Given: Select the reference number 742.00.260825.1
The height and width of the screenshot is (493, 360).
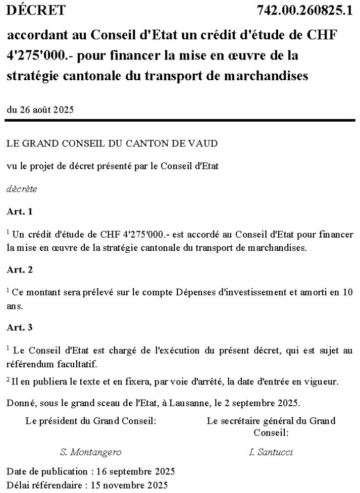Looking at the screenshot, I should click(x=304, y=10).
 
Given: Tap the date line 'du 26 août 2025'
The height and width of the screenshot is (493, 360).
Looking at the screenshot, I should click(x=40, y=109).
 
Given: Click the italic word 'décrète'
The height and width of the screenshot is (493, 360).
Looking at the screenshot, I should click(x=21, y=189).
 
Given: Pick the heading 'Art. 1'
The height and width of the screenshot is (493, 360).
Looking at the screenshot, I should click(x=20, y=212).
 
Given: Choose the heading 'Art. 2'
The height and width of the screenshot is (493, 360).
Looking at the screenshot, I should click(x=20, y=269).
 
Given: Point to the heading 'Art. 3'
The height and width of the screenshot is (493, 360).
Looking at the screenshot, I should click(x=20, y=327).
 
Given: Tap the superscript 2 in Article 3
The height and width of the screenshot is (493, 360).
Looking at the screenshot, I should click(x=9, y=379).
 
